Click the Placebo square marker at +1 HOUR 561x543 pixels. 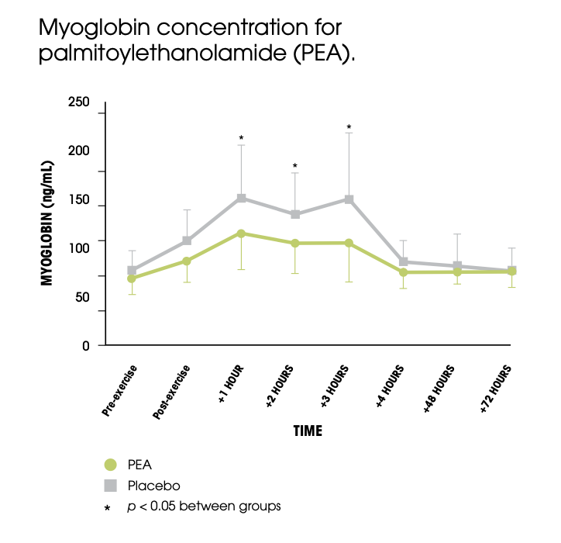[x=241, y=199]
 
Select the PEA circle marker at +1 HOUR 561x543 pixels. [x=241, y=233]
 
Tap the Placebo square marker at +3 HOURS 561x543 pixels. [x=349, y=199]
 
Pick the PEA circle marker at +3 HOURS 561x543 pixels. [x=349, y=243]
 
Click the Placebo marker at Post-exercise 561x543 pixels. [x=187, y=240]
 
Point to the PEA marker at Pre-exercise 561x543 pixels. [x=132, y=278]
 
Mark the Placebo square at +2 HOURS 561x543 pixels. [x=295, y=214]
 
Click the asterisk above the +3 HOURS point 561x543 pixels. [x=349, y=127]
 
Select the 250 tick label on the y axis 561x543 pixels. [x=79, y=103]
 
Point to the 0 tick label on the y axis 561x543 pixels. [x=86, y=345]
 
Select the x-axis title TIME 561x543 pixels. [x=307, y=431]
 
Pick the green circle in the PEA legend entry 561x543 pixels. [x=111, y=465]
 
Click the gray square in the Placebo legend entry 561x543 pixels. [x=111, y=486]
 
